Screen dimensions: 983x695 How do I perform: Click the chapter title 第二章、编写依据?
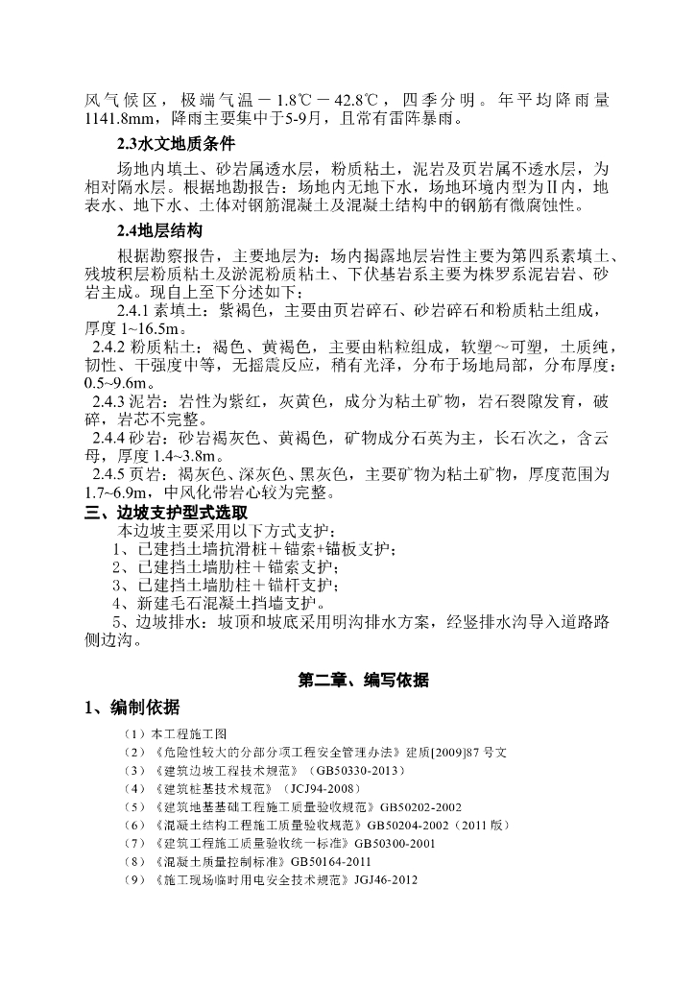[363, 681]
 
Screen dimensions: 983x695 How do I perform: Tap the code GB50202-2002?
[420, 807]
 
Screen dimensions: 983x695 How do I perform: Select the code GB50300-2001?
[395, 844]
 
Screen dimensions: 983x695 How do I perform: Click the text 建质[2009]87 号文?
[435, 753]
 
